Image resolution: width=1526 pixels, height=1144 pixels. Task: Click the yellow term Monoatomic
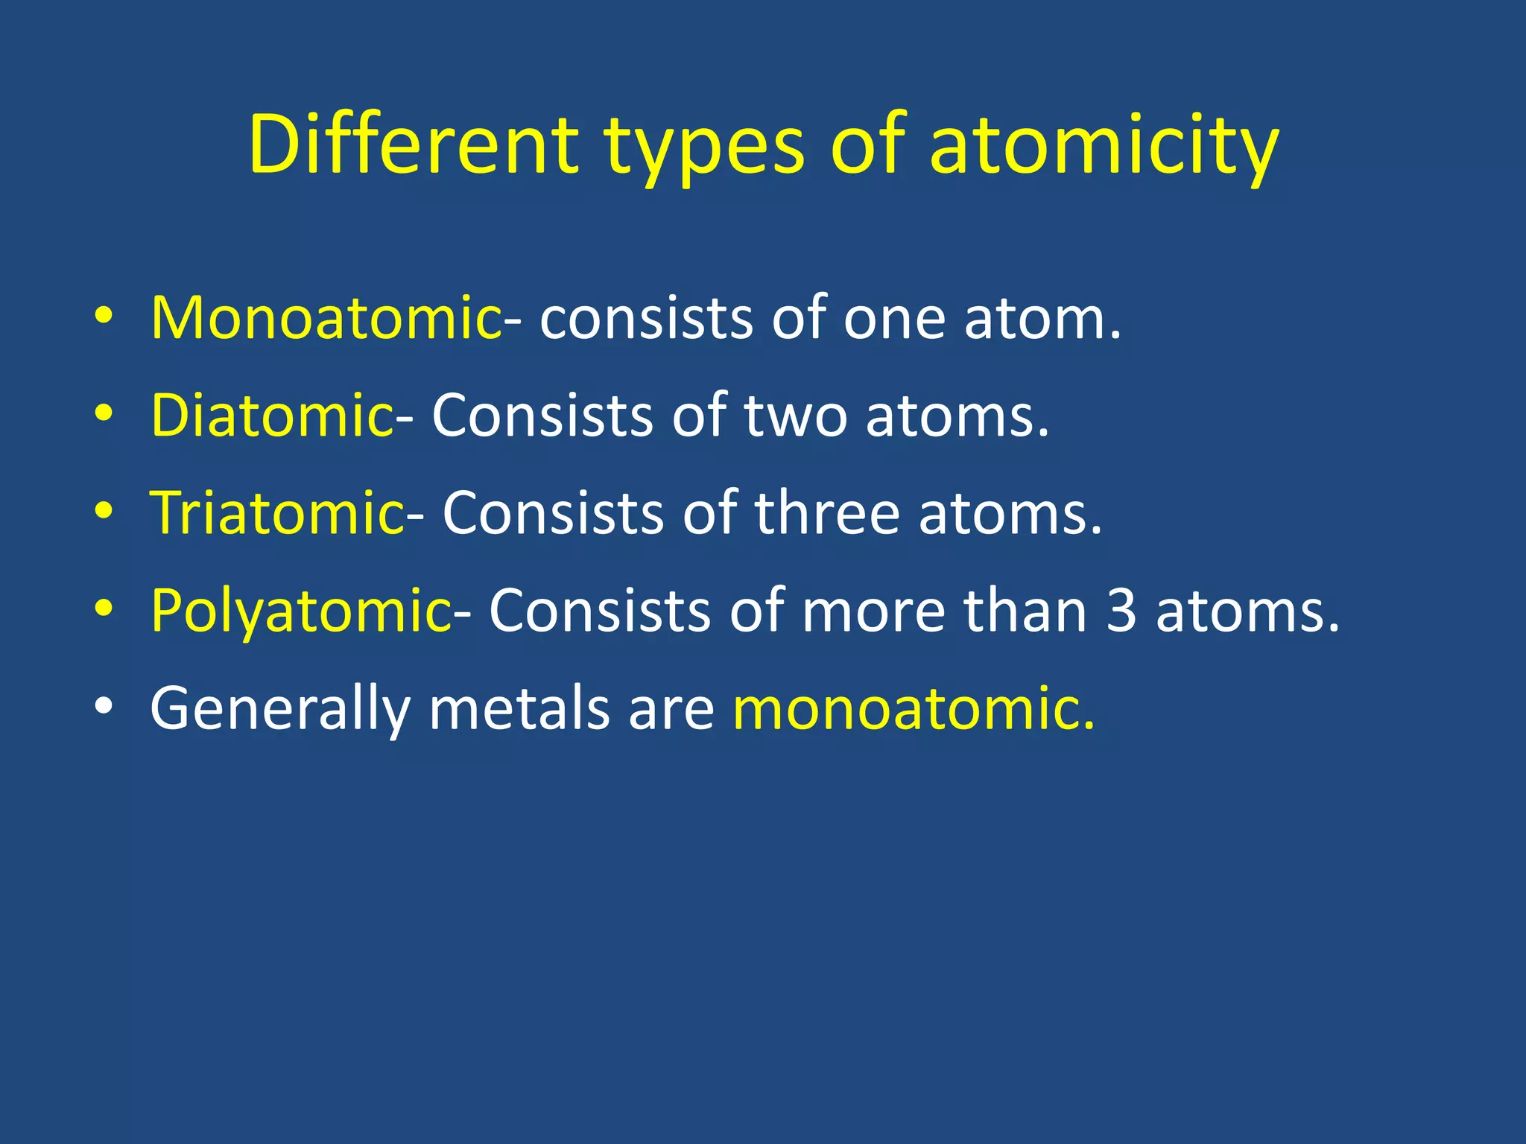pos(326,318)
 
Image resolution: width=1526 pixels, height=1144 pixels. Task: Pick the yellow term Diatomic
pos(272,416)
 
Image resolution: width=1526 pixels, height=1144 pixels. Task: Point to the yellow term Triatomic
pos(277,513)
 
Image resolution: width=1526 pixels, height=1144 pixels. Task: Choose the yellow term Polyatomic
pos(300,611)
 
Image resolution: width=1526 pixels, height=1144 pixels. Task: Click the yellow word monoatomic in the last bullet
pos(914,708)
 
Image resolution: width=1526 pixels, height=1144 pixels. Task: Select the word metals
pos(519,708)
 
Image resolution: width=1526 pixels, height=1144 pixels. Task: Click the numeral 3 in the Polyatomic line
pos(1121,611)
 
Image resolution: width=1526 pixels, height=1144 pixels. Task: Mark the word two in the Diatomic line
pos(795,416)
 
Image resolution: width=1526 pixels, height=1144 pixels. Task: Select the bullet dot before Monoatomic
pos(104,316)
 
